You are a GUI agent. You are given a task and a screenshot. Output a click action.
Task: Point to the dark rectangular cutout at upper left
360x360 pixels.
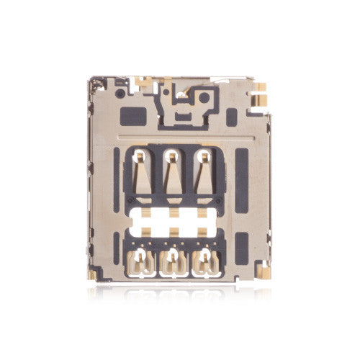coord(134,115)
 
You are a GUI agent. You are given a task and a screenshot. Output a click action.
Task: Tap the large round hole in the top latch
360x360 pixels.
coord(206,96)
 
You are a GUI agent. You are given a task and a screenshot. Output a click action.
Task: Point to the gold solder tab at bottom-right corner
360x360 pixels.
coord(264,271)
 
